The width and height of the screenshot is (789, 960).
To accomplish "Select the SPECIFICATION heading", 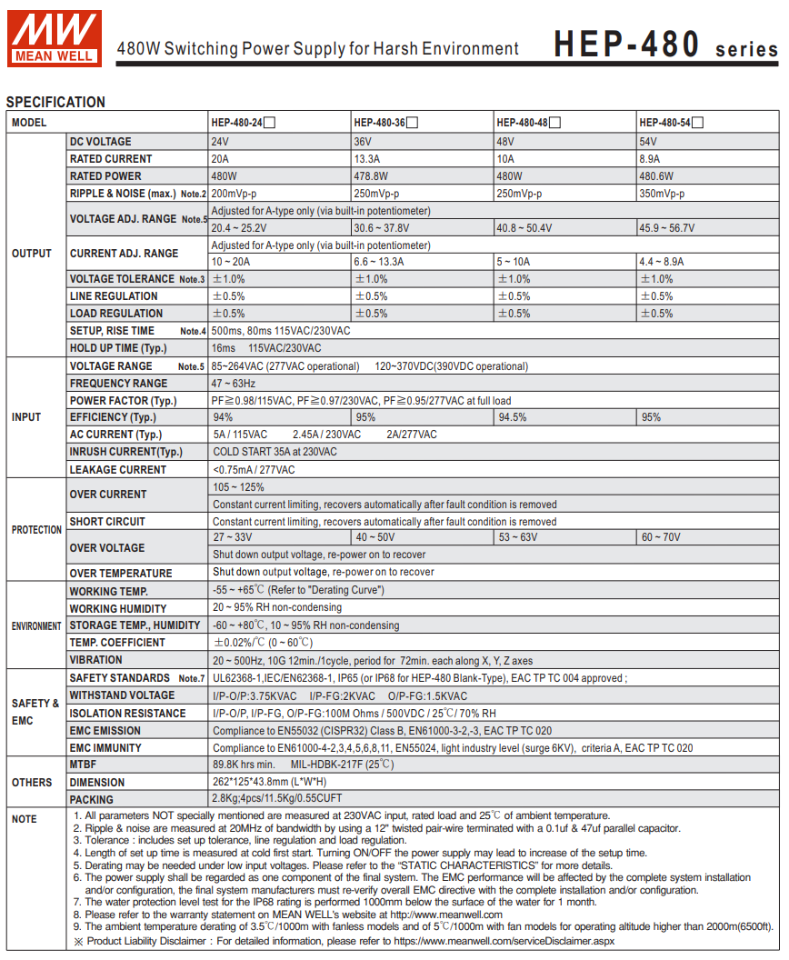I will tap(55, 102).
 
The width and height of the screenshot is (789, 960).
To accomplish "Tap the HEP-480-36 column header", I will tap(379, 123).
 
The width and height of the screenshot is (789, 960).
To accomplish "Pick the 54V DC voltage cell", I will tap(648, 142).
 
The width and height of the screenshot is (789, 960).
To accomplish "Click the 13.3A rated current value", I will tap(368, 159).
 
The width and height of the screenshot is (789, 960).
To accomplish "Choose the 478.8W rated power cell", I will tap(371, 176).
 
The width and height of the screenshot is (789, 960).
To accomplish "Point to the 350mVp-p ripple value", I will tap(662, 194).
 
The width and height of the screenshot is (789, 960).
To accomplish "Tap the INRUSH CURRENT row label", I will tap(125, 452).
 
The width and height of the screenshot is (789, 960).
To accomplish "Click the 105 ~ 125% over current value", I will tap(238, 487).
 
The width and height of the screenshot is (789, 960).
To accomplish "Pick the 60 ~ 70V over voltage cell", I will tap(661, 537).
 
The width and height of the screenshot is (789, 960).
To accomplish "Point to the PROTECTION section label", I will tap(36, 530).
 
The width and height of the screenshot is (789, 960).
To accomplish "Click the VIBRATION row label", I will tap(95, 660).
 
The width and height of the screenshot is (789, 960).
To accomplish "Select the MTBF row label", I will tap(83, 765).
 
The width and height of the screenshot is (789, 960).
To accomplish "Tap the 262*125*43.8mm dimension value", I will tap(269, 782).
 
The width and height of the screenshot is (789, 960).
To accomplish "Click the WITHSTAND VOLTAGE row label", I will tap(122, 695).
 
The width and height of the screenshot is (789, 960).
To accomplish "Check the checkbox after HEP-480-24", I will tap(270, 123).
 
